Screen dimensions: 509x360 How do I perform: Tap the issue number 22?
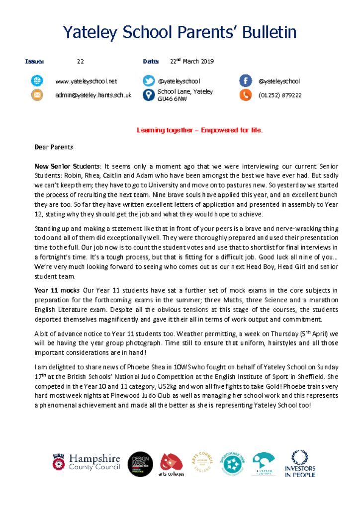coord(80,62)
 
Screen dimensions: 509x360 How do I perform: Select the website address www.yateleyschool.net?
coord(86,81)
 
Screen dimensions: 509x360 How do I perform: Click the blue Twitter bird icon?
coord(148,81)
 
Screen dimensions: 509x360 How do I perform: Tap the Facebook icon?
coord(245,81)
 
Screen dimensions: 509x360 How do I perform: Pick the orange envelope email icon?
coord(37,95)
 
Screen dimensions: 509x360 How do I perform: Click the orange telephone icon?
coord(245,95)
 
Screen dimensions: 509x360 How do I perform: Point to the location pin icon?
coord(148,95)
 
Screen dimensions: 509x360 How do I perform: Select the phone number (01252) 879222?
coord(280,95)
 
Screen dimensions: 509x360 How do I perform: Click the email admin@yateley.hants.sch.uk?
coord(93,95)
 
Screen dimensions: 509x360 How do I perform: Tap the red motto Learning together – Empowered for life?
coord(199,131)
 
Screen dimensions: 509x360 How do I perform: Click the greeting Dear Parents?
coord(54,147)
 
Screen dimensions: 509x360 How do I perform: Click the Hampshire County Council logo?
coord(86,463)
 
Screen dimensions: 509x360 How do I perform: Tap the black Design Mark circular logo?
coord(141,464)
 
